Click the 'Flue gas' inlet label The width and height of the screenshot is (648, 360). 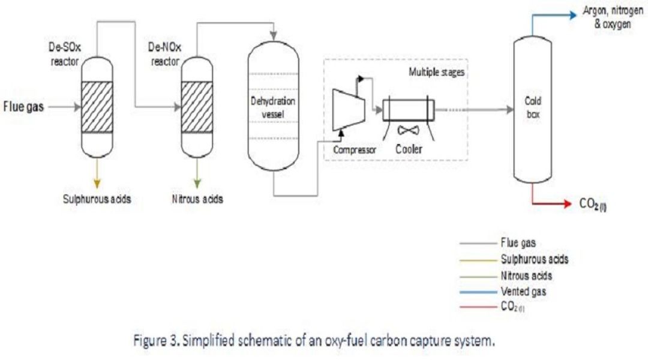click(x=24, y=108)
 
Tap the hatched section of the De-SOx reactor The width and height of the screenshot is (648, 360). click(x=96, y=106)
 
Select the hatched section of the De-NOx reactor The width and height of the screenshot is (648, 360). click(x=197, y=106)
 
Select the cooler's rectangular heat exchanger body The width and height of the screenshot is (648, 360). click(x=408, y=109)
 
